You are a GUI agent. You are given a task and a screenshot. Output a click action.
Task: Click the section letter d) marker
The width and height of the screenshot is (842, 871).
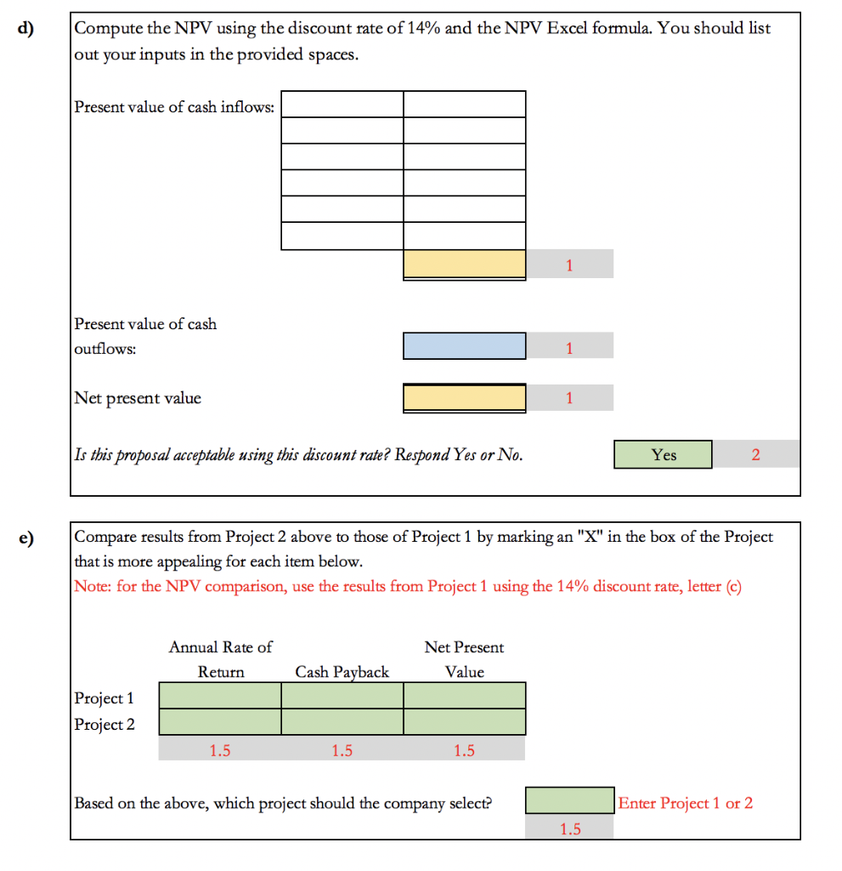tap(29, 27)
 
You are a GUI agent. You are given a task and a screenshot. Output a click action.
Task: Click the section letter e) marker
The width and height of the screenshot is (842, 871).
tap(29, 538)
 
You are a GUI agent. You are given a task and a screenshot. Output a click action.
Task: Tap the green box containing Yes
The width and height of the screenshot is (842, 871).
tap(663, 454)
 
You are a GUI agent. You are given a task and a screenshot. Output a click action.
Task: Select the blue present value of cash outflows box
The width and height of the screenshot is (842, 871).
tap(464, 346)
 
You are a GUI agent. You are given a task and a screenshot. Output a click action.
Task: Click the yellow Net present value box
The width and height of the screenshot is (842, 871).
tap(464, 397)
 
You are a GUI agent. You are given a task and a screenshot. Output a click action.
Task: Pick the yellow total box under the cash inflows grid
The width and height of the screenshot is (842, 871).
tap(464, 264)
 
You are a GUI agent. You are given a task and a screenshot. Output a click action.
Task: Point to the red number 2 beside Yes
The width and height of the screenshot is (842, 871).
tap(755, 454)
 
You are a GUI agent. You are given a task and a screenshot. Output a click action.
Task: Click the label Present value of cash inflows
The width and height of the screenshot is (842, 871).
tap(174, 107)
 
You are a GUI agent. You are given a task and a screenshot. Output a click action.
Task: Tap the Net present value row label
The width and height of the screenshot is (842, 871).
tap(138, 398)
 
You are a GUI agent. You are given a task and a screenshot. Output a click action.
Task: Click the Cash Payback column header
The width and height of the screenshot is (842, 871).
tap(342, 672)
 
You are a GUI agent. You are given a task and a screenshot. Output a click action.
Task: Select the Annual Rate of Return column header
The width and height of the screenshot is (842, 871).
tap(221, 659)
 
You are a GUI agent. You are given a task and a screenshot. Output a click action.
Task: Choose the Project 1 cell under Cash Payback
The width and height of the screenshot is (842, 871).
tap(342, 696)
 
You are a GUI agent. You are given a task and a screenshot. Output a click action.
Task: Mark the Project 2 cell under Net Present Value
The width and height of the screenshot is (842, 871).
tap(464, 722)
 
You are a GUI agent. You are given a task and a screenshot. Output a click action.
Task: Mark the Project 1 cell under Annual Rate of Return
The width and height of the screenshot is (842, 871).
tap(220, 696)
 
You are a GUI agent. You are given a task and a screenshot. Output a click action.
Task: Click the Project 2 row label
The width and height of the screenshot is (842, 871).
tap(105, 725)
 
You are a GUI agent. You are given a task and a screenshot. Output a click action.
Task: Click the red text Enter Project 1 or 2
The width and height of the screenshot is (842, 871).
tap(685, 803)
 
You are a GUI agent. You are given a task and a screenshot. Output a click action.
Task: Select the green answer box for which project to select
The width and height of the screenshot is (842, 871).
tap(569, 800)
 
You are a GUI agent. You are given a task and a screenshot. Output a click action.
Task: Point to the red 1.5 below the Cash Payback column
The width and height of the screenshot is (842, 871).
tap(342, 750)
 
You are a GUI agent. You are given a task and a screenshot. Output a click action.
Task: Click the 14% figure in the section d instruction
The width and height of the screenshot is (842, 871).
tap(423, 28)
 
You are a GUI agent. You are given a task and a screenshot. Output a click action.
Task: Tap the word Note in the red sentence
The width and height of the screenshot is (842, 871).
tap(90, 587)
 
